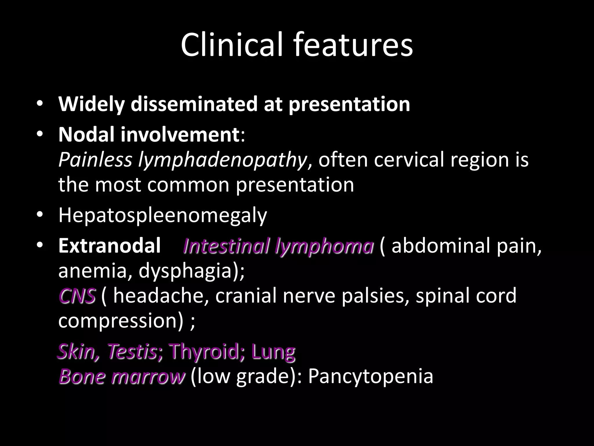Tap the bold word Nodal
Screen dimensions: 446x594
point(86,135)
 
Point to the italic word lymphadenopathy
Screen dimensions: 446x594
point(222,160)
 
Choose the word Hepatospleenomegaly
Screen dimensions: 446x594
point(163,215)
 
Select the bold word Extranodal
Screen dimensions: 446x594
point(109,245)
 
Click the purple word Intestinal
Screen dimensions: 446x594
point(227,246)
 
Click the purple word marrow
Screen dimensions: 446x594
point(147,376)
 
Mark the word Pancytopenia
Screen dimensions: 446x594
point(371,377)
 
